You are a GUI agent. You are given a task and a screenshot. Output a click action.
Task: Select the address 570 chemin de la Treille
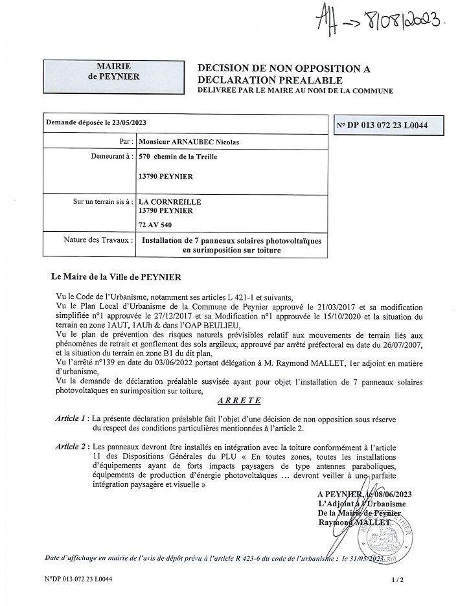click(178, 157)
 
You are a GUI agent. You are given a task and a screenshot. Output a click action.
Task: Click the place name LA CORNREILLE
click(169, 201)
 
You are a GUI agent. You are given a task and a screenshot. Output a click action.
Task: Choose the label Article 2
click(71, 447)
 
